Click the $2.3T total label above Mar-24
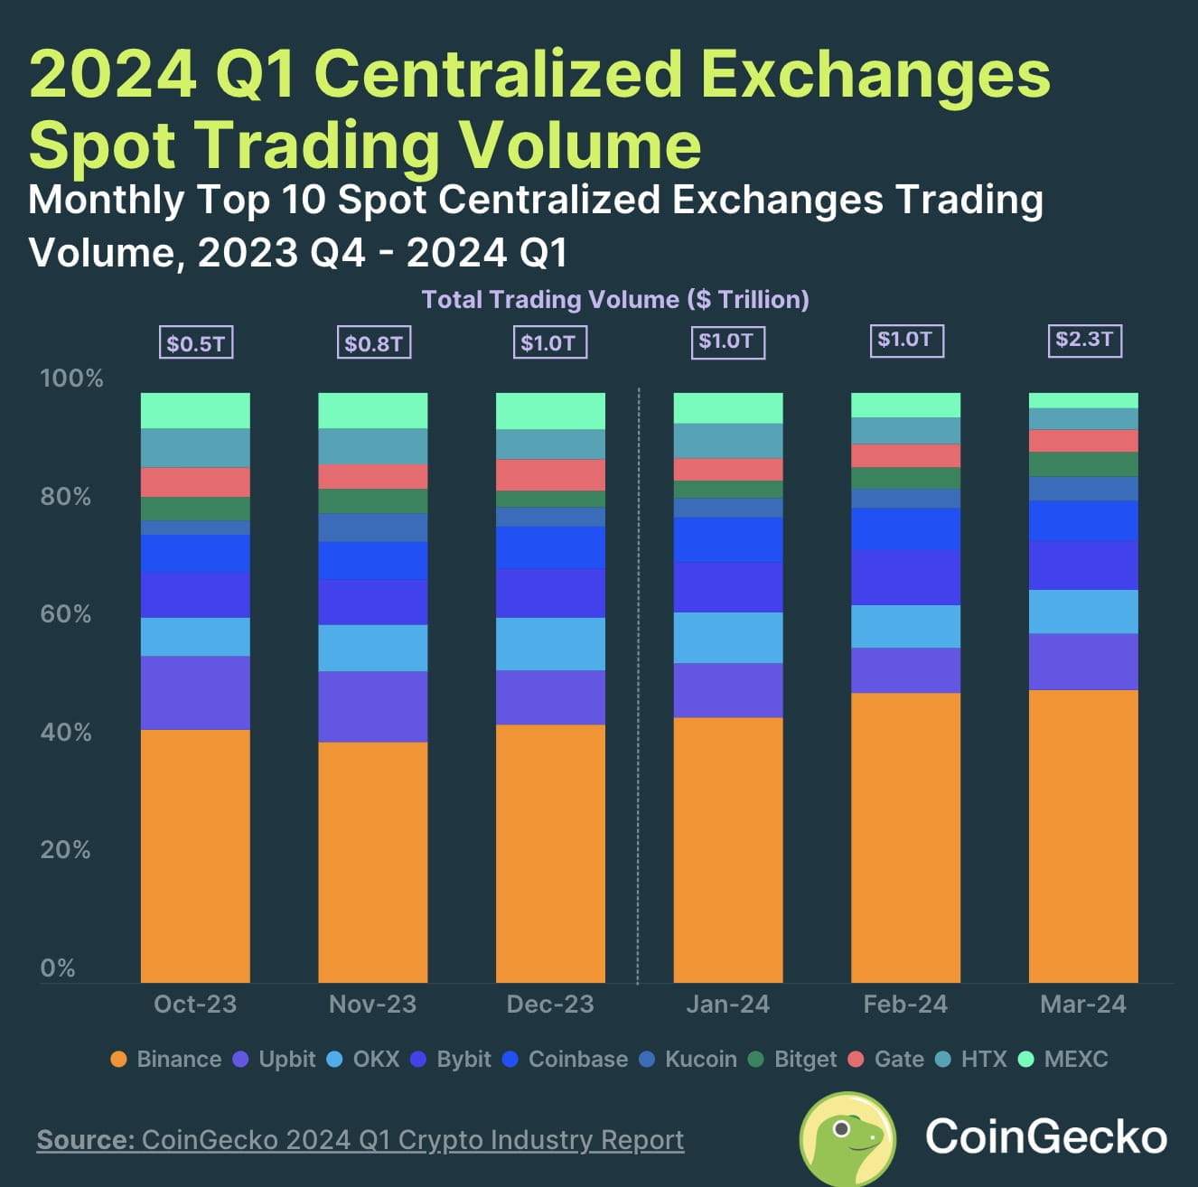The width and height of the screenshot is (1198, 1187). [x=1083, y=341]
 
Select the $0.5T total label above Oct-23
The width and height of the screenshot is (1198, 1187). [x=195, y=343]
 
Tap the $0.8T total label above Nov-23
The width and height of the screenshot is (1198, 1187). [x=373, y=343]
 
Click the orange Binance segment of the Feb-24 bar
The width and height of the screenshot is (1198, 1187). [x=905, y=837]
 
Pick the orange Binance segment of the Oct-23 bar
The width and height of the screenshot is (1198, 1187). [x=195, y=855]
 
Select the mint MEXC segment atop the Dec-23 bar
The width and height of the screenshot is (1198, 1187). [x=550, y=411]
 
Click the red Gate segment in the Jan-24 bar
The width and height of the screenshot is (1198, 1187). [x=728, y=470]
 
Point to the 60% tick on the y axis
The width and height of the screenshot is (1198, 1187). [x=66, y=614]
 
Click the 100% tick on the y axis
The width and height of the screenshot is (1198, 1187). [x=71, y=379]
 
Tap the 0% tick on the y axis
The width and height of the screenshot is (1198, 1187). [x=58, y=968]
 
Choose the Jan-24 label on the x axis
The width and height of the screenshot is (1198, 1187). [x=728, y=1005]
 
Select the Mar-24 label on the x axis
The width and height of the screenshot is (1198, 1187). [x=1083, y=1005]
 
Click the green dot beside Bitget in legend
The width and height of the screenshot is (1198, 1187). [x=757, y=1059]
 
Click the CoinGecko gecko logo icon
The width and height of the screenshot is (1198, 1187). [x=847, y=1138]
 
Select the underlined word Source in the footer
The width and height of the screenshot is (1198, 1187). [x=85, y=1140]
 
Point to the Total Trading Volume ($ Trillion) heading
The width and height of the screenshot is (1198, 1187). [x=615, y=300]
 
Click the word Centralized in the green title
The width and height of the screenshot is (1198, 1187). [x=498, y=74]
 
